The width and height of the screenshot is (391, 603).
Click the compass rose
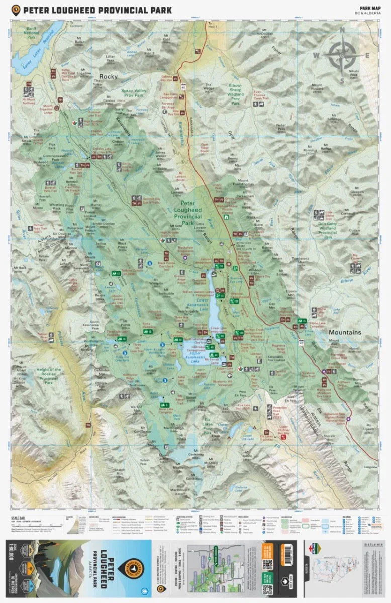pos(342,56)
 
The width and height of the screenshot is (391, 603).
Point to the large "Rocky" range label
pos(108,76)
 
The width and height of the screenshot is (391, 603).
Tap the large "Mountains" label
pos(345,332)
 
